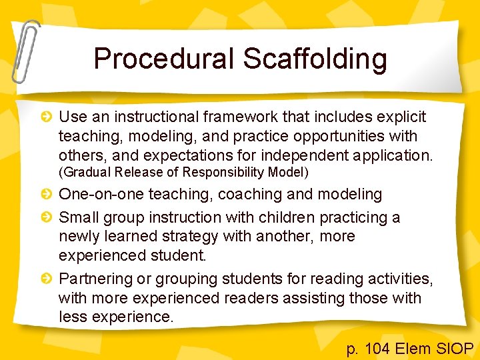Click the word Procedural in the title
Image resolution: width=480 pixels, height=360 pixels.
(164, 59)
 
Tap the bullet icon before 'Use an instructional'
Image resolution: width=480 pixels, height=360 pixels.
(47, 117)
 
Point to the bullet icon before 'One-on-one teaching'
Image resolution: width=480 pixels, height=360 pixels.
(47, 195)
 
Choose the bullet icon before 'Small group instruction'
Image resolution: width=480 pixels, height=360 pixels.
(47, 217)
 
